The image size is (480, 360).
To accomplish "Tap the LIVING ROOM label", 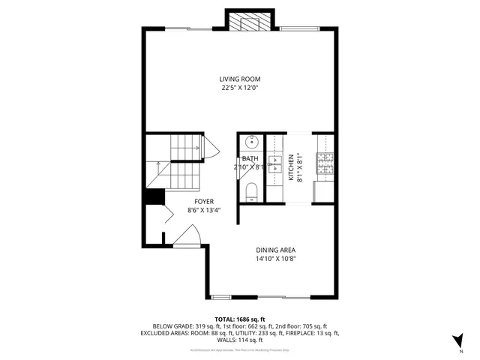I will click(239, 79).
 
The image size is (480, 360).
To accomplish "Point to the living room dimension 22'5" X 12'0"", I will click(239, 88).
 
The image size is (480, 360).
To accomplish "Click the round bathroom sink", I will click(250, 142).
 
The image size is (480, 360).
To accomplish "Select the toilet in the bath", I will click(251, 191).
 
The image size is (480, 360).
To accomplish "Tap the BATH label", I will click(250, 158).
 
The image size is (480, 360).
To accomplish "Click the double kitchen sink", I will click(274, 169).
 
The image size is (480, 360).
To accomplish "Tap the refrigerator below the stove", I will click(325, 192).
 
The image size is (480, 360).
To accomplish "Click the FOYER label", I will click(204, 202).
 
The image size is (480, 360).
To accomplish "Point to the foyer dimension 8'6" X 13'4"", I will click(204, 211).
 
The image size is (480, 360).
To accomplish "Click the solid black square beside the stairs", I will click(154, 196).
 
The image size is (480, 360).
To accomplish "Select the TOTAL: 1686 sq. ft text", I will click(239, 319).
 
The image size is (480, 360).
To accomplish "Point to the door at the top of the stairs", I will click(211, 148).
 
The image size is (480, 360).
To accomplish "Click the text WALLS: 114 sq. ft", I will click(239, 340).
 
